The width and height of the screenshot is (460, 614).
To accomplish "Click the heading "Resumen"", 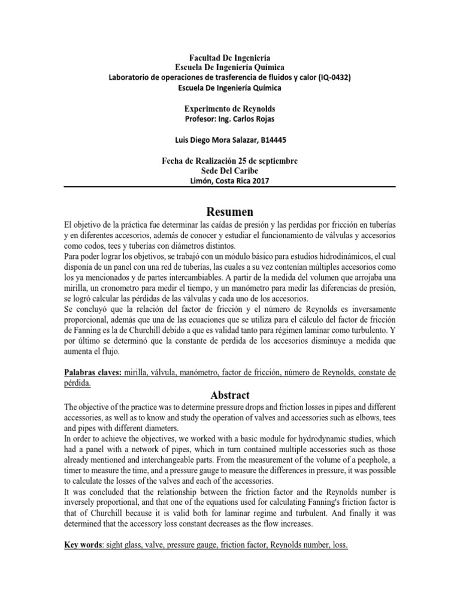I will coord(230,212).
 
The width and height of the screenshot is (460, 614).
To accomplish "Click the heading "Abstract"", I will coord(230,395).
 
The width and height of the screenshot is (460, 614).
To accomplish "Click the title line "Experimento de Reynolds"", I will coord(230,109).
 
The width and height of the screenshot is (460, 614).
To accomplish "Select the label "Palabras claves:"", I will coord(93,372).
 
